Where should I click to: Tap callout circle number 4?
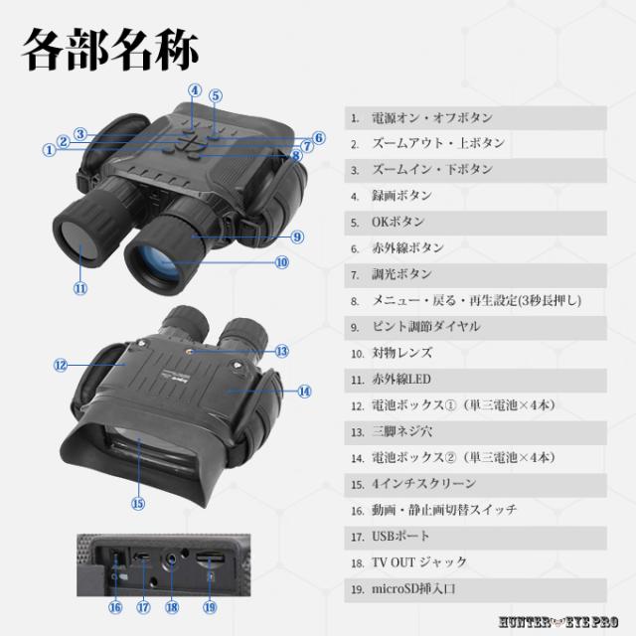click(195, 89)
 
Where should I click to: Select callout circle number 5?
click(216, 96)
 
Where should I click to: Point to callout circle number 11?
click(80, 289)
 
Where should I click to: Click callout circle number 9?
click(297, 237)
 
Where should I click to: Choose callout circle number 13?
click(282, 351)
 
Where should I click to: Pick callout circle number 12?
click(60, 366)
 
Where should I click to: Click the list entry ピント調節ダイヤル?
click(426, 326)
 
